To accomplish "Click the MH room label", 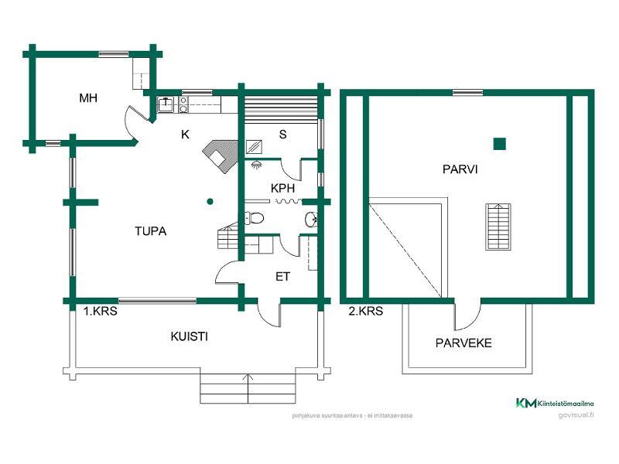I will (x=87, y=98).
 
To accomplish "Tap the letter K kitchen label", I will (x=185, y=135).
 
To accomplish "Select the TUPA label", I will (x=151, y=230).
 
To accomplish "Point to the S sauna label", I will (x=282, y=135).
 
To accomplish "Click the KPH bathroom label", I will (x=282, y=188).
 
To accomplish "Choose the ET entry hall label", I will (x=282, y=276).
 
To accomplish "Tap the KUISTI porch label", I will (x=190, y=337).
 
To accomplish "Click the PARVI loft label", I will (x=460, y=169).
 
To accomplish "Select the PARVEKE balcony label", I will (x=463, y=343).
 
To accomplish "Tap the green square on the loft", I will (x=500, y=143).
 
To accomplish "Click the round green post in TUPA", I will (x=210, y=202).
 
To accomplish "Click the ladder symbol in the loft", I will (x=499, y=226).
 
